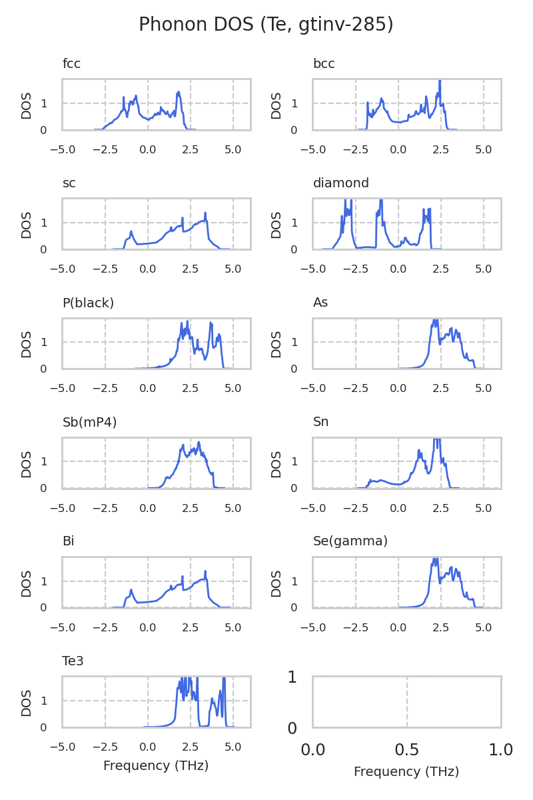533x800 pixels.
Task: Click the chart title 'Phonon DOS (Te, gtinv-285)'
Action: [266, 25]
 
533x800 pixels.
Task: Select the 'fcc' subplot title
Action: [71, 64]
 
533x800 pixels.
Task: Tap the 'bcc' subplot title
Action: [324, 64]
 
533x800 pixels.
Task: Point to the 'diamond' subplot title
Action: [340, 183]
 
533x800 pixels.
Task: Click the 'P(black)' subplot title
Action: [88, 303]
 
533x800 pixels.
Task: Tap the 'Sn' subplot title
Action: [320, 422]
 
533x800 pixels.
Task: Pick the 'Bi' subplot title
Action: [69, 541]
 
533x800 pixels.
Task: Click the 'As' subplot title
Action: [320, 303]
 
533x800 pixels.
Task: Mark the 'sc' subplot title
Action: [69, 183]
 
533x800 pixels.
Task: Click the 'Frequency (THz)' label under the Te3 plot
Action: [156, 766]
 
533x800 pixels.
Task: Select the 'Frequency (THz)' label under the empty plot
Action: [406, 772]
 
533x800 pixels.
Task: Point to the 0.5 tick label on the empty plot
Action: [407, 750]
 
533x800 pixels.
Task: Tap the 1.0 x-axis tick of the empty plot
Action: [501, 750]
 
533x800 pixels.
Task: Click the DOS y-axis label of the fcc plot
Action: [27, 105]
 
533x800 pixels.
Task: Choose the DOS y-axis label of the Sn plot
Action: [277, 463]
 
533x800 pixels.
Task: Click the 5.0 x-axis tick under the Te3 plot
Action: [233, 747]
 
